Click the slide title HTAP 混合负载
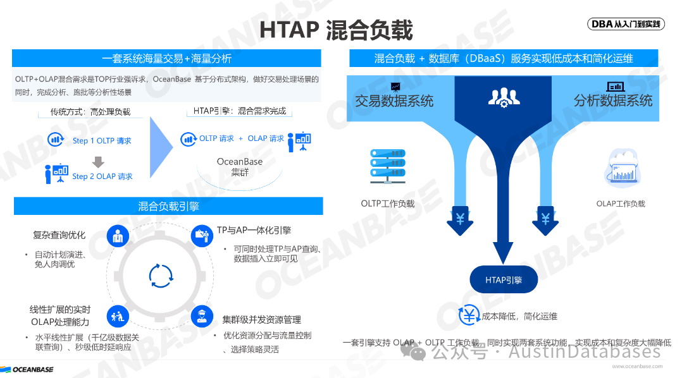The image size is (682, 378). click(336, 29)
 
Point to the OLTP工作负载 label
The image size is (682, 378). click(388, 204)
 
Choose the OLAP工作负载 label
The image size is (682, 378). click(621, 204)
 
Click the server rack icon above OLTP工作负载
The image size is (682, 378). click(388, 166)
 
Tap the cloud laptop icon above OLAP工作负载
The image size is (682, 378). click(621, 168)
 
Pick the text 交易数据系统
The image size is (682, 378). click(394, 101)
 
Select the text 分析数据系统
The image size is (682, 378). click(612, 101)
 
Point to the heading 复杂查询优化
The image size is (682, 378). click(59, 235)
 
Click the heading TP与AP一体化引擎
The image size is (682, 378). click(254, 230)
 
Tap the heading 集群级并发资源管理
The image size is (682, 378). click(261, 319)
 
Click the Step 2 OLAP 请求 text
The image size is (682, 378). click(102, 176)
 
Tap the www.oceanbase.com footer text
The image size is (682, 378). click(637, 365)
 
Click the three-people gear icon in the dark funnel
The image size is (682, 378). click(504, 97)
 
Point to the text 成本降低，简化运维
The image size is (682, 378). click(519, 316)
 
